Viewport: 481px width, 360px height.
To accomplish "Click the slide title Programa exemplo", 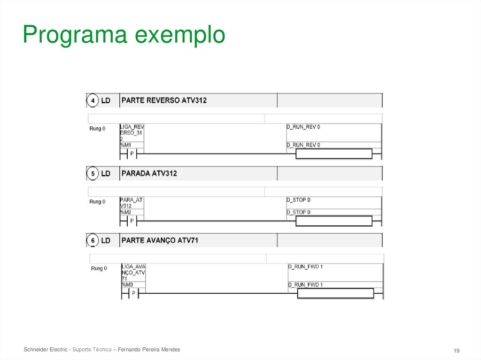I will pos(124,35).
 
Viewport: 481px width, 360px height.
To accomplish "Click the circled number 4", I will pos(93,100).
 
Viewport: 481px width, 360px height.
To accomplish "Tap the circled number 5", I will pos(93,174).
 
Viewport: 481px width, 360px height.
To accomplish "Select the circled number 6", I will pos(93,240).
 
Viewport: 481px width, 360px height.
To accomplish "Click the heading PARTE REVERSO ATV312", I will pos(164,100).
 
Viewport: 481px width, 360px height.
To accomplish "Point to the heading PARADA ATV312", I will pos(149,174).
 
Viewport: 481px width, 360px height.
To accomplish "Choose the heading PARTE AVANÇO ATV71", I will pos(160,240).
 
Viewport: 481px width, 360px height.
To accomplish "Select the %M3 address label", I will pos(127,285).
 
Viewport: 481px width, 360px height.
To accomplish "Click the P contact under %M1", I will pos(132,153).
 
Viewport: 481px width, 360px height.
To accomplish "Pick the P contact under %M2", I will pos(132,221).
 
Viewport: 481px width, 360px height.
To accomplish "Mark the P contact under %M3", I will pos(133,293).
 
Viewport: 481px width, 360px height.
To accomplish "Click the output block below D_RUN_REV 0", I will pos(334,153).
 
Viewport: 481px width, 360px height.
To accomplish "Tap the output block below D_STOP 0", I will pos(334,221).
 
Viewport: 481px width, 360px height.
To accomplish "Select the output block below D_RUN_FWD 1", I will pos(335,293).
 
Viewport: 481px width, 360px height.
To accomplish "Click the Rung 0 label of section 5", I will pos(97,202).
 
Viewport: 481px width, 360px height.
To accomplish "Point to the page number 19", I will pos(456,351).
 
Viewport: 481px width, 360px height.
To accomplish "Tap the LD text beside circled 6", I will pos(106,240).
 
